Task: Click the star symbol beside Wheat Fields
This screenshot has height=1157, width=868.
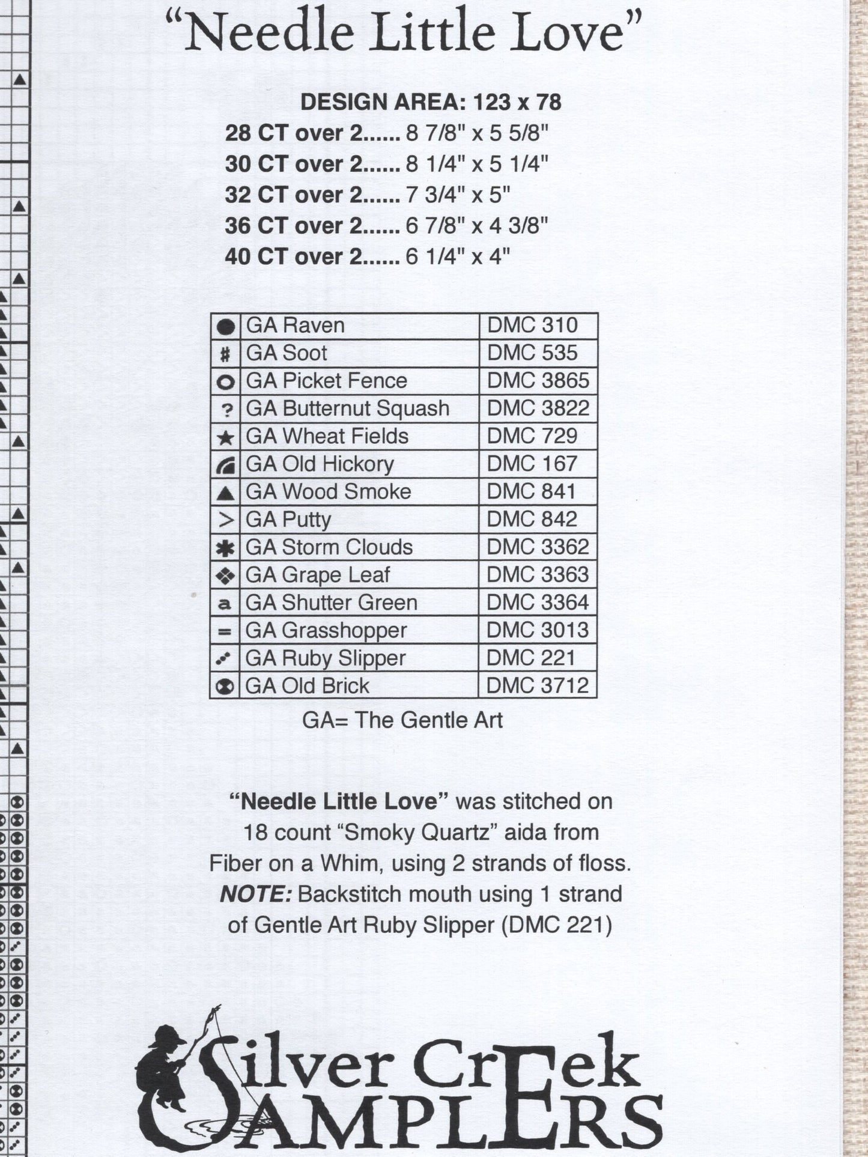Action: pos(225,437)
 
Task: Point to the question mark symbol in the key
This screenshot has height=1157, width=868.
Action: pos(226,410)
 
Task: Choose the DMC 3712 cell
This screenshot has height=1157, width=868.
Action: pos(537,685)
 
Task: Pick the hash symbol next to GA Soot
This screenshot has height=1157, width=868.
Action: pos(225,354)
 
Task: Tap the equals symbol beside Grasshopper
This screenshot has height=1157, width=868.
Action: pos(225,631)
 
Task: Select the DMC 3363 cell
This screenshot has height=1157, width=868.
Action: pos(537,575)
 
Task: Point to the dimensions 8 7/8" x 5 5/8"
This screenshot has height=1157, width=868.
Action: pos(477,133)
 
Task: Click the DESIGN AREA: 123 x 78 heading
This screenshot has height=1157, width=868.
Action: pos(431,102)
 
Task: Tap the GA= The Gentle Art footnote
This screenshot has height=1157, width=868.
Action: pos(402,720)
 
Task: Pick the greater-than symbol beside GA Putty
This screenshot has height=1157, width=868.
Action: pos(225,520)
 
